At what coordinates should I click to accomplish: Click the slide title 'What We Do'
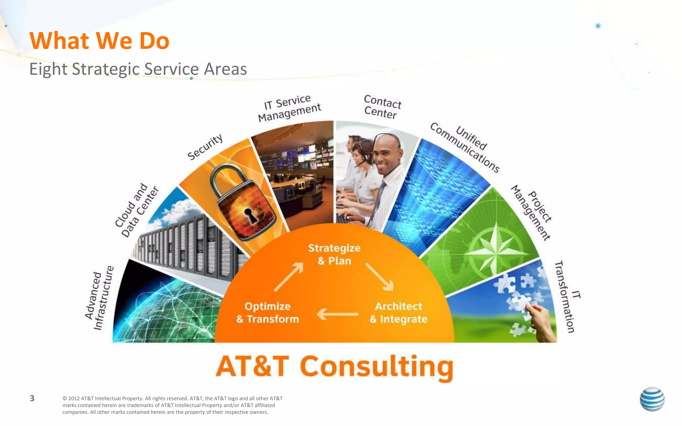pyautogui.click(x=99, y=41)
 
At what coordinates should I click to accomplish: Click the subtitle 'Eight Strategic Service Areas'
pyautogui.click(x=138, y=69)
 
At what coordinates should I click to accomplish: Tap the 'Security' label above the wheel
pyautogui.click(x=205, y=147)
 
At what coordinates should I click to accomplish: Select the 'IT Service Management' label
pyautogui.click(x=289, y=108)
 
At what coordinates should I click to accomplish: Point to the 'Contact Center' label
pyautogui.click(x=382, y=107)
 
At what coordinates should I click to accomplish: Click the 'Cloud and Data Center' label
pyautogui.click(x=136, y=210)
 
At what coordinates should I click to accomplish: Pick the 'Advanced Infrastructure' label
pyautogui.click(x=99, y=298)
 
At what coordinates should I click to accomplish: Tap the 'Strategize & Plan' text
pyautogui.click(x=334, y=254)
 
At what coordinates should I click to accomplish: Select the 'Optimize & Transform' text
pyautogui.click(x=268, y=313)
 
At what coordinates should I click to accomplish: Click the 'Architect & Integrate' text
pyautogui.click(x=398, y=313)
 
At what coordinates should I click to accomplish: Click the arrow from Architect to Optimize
pyautogui.click(x=337, y=314)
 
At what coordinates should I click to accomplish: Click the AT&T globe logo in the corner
pyautogui.click(x=652, y=399)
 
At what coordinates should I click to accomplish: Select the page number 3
pyautogui.click(x=32, y=398)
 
